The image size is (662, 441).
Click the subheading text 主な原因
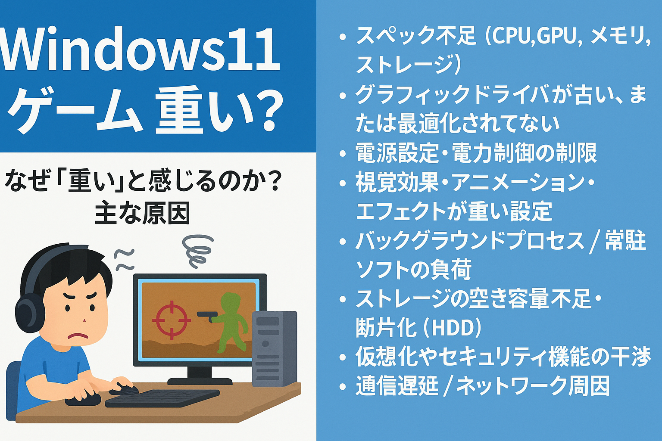[142, 213]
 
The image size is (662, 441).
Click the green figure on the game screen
[232, 323]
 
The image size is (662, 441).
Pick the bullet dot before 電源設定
[343, 154]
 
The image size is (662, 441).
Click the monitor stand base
[200, 381]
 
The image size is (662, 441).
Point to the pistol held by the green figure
[207, 316]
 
